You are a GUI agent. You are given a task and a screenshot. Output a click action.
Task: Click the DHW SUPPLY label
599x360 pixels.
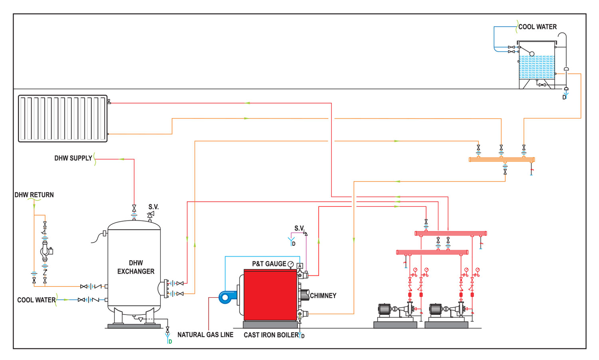coord(73,158)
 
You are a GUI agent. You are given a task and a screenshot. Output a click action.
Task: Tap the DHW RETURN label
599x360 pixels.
coord(34,195)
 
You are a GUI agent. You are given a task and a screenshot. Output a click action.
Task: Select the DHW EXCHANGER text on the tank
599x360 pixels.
coord(136,267)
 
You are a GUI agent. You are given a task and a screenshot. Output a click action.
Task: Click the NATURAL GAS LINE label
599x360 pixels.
coord(205,334)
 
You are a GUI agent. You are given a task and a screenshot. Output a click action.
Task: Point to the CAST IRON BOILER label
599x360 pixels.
coord(271,335)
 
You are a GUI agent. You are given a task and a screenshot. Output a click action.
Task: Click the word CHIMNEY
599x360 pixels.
coord(323,296)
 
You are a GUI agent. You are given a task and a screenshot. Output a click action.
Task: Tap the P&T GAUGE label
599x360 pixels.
coord(269,264)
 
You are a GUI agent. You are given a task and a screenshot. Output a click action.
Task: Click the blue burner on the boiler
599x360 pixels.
coord(228,297)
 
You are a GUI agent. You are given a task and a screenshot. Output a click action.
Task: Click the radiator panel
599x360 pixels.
coord(63,119)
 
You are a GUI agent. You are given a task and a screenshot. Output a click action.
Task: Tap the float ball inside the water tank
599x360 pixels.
coord(532,54)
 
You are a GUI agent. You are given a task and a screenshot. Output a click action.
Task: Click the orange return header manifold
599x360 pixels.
coord(502,160)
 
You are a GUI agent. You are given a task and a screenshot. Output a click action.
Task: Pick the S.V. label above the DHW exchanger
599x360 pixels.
coord(153,207)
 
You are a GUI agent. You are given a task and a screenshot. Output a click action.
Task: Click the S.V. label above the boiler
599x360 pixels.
coord(299,228)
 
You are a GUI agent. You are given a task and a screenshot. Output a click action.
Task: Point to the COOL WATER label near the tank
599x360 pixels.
coord(538,27)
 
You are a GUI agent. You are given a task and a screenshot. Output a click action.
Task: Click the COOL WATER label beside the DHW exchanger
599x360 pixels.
coord(36,300)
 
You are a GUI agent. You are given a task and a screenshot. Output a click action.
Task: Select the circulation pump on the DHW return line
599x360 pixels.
coord(46,251)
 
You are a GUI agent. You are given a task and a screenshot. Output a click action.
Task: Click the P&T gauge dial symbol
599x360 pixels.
coord(291,264)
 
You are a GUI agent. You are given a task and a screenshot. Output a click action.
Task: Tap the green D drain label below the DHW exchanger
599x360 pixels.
coord(171,342)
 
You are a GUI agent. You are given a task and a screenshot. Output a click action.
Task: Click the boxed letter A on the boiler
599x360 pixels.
coord(300,266)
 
